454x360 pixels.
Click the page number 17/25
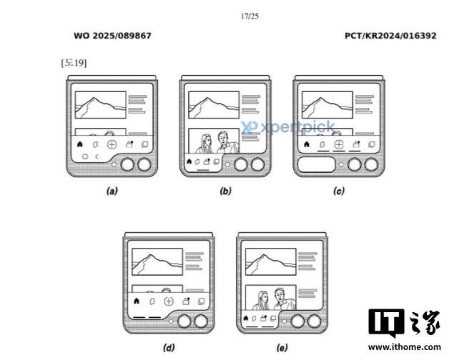coord(250,16)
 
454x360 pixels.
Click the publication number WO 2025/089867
coord(112,36)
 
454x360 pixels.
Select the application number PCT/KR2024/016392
coord(390,36)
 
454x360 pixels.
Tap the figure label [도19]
coord(74,63)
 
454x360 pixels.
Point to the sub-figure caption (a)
coord(112,191)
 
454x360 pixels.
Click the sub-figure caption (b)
coord(225,191)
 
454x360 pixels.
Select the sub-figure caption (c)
coord(339,191)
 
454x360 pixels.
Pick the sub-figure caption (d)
coord(169,348)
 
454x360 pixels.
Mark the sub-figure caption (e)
coord(282,348)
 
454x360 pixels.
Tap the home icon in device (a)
coord(79,144)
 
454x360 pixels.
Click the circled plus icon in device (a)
coord(112,144)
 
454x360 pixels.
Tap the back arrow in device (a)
coord(97,156)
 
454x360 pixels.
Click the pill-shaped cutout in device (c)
coord(317,164)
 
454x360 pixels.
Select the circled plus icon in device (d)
coord(169,301)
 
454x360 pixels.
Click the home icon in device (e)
coord(246,318)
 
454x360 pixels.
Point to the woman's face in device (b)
coord(207,141)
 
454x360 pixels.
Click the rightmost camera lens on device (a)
coord(144,164)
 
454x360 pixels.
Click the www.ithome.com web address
coord(405,346)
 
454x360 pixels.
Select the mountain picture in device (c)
coord(327,105)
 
